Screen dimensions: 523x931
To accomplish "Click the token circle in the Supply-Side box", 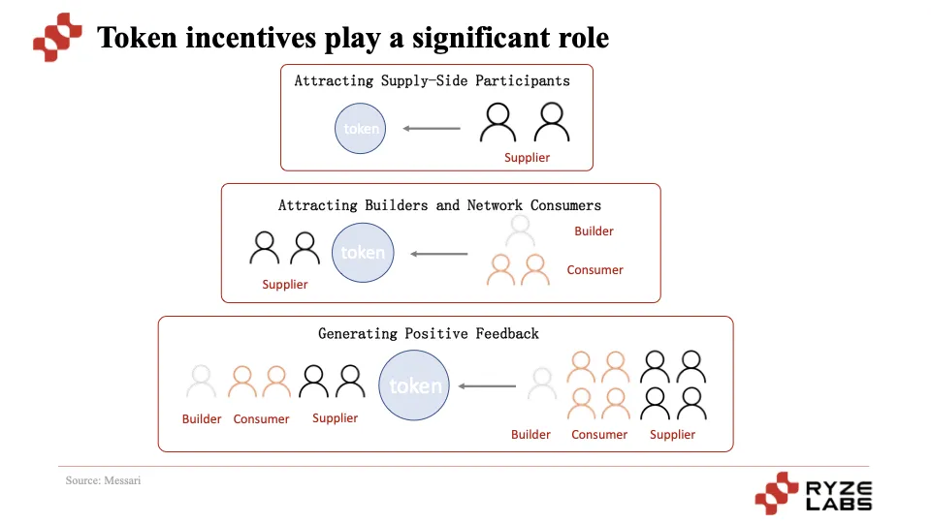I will point(361,129).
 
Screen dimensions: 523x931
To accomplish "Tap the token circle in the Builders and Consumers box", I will point(364,253).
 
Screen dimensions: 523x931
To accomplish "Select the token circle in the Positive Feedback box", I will point(415,385).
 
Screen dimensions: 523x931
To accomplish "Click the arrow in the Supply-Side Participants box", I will point(432,129).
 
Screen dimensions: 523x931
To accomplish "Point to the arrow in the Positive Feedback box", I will point(487,386).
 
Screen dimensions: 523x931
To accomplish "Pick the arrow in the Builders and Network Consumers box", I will point(439,255).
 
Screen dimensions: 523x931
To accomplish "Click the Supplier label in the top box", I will point(527,158).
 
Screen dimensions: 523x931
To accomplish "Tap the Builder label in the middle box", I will point(594,231).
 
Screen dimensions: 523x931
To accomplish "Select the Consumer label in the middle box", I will point(594,270).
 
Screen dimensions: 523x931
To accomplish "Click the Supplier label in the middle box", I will point(285,285).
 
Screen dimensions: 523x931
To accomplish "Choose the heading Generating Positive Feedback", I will point(429,334).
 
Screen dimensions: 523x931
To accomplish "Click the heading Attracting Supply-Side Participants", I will point(433,81).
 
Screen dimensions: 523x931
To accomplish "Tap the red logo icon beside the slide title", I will point(57,38).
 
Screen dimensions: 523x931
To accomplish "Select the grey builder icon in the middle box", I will point(521,231).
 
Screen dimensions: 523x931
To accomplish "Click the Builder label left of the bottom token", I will point(202,419).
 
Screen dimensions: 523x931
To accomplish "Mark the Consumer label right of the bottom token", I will point(599,435).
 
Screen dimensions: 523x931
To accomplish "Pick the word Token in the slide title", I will point(137,38).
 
